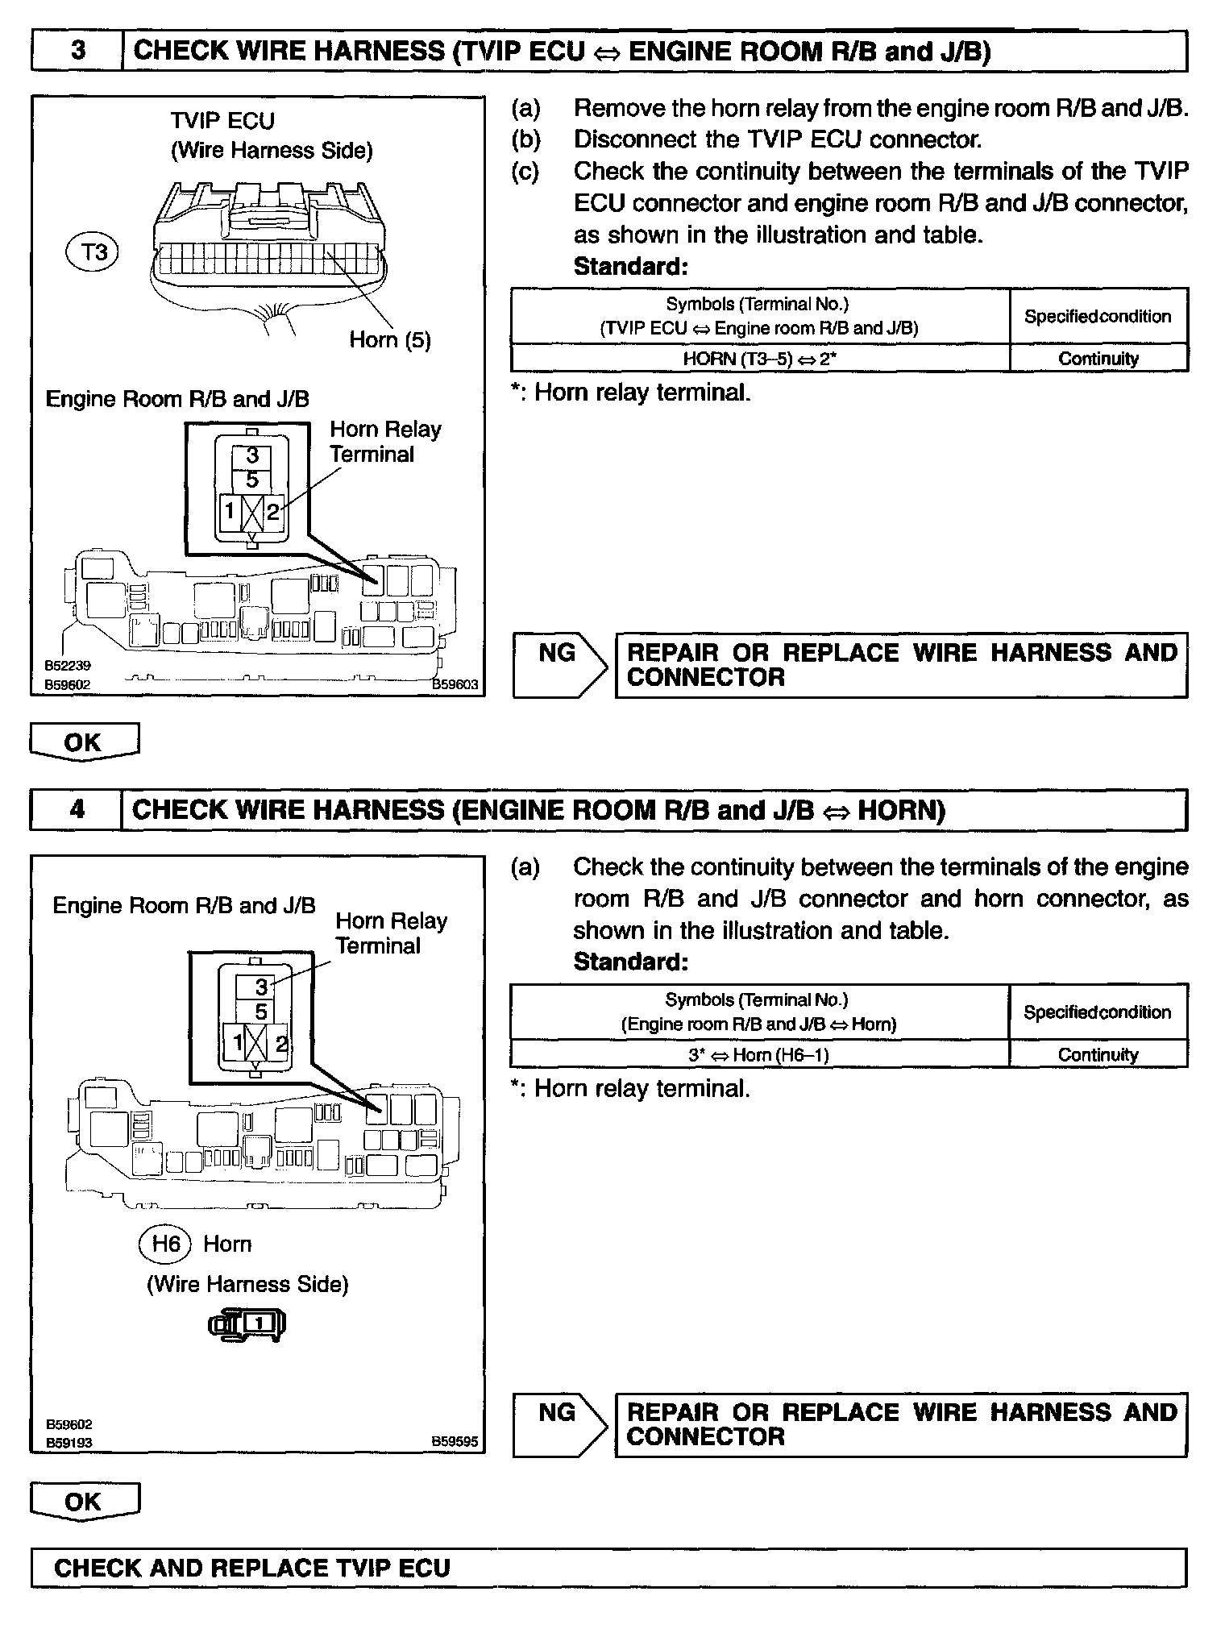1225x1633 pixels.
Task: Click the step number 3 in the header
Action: click(77, 51)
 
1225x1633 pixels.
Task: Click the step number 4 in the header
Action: click(77, 809)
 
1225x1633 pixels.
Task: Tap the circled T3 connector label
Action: click(93, 252)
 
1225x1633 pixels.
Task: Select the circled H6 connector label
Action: click(165, 1244)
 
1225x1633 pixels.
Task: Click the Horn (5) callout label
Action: click(390, 340)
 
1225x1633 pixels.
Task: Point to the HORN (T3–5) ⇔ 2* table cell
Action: click(759, 359)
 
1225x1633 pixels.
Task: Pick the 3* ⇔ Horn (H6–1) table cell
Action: click(758, 1054)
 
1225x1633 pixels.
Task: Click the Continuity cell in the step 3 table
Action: click(1098, 359)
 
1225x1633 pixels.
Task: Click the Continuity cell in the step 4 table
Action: click(1098, 1054)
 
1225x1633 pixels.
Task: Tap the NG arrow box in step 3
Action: click(559, 665)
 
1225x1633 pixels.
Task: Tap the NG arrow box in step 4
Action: click(559, 1425)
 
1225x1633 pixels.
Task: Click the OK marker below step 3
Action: click(84, 742)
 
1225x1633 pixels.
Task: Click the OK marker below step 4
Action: click(84, 1502)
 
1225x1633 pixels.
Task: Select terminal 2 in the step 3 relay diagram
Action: click(273, 511)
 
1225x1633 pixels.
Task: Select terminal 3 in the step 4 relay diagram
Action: click(260, 987)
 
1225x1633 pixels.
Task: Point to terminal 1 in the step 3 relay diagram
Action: click(230, 511)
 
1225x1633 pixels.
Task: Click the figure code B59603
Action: click(455, 684)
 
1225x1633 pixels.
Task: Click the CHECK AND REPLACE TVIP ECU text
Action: click(251, 1568)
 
